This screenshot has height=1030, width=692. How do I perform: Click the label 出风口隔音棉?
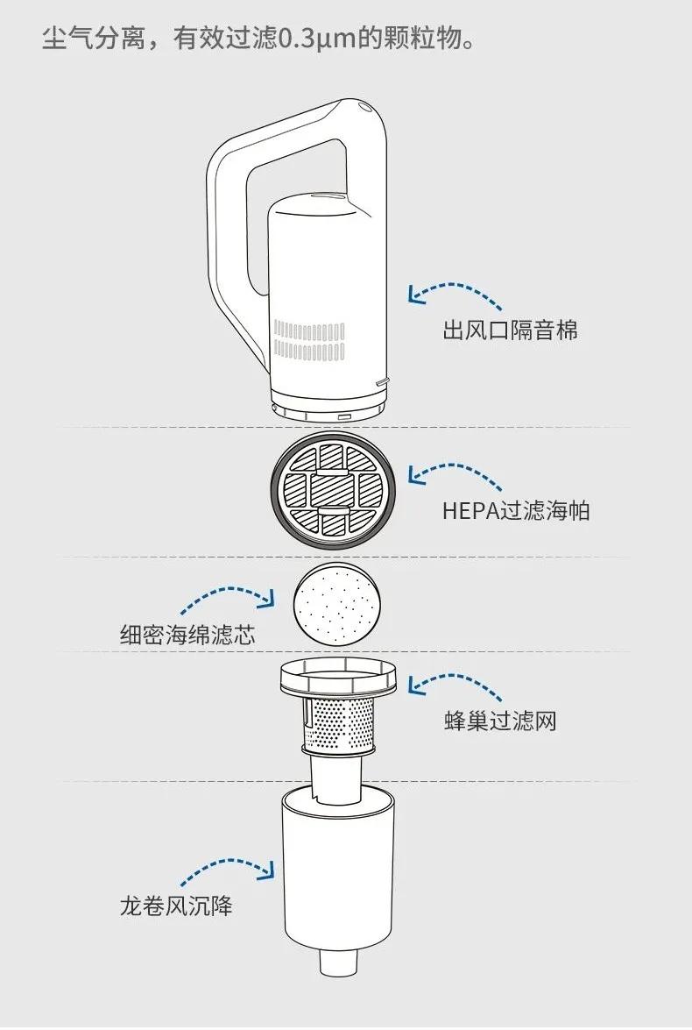(x=510, y=330)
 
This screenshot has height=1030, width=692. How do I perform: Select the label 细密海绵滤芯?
(x=187, y=635)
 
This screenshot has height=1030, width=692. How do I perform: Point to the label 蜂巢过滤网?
(x=500, y=721)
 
